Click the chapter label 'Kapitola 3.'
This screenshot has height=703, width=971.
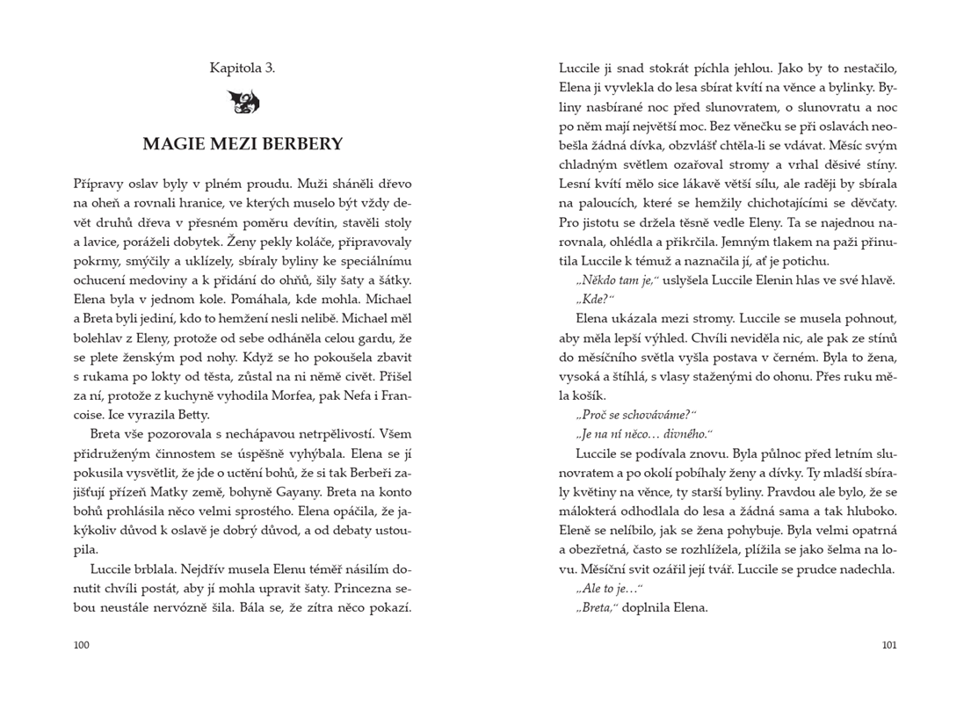click(242, 68)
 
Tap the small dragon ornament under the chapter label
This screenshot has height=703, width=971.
click(243, 103)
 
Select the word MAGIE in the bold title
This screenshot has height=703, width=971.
click(174, 144)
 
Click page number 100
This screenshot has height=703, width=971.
click(82, 645)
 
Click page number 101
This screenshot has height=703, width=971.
click(888, 645)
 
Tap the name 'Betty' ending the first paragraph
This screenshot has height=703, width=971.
click(190, 415)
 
